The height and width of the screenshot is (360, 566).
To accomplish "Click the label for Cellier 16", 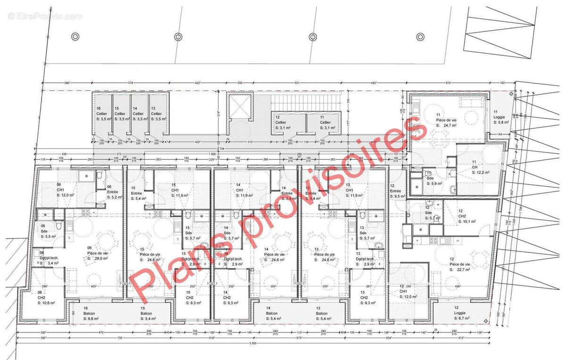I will tap(102, 114).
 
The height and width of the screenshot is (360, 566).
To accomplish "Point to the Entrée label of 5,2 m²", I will tap(113, 192).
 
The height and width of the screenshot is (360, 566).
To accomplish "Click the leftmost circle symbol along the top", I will tap(75, 36).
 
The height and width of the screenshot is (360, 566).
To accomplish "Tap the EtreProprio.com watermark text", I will tap(45, 16).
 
